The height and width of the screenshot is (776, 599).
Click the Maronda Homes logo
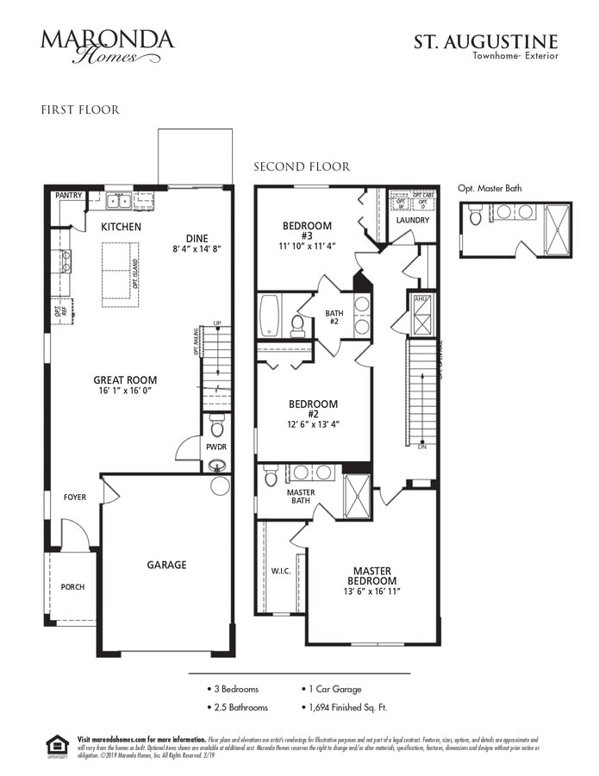[107, 46]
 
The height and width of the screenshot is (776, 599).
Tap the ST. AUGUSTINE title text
[486, 41]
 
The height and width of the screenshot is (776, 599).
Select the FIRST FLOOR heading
[80, 110]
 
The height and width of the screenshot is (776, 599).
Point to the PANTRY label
[69, 196]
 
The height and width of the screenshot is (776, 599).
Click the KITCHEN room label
[121, 227]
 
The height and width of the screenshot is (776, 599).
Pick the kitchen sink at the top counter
[120, 201]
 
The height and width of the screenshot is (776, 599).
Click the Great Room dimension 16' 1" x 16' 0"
[125, 391]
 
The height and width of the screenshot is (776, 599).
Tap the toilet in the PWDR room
[217, 426]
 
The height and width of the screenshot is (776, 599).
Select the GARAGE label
[166, 565]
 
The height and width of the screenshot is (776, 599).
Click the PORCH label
[72, 587]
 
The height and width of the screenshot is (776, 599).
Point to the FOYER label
[75, 498]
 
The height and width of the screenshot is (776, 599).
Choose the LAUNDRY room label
[412, 220]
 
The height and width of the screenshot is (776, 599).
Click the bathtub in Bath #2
[269, 316]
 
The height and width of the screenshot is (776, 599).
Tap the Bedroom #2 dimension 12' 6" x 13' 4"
[313, 424]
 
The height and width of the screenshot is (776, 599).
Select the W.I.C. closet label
[281, 571]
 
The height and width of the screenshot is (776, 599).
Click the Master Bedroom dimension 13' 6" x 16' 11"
[371, 592]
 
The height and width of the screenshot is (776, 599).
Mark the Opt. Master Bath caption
[490, 188]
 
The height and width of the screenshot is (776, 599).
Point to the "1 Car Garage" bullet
[335, 689]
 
